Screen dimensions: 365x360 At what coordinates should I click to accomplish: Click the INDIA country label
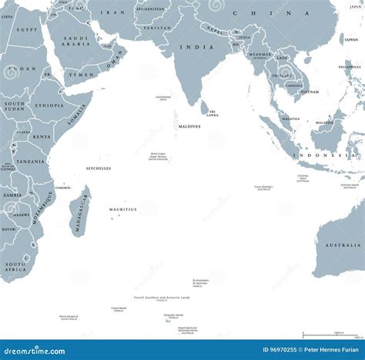186,47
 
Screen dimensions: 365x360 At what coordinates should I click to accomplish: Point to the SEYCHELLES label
99,168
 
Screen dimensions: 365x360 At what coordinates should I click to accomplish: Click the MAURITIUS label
123,208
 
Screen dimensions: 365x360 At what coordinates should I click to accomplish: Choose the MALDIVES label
189,126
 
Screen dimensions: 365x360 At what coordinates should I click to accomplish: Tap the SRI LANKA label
213,113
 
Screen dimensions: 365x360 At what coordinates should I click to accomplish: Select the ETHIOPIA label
49,105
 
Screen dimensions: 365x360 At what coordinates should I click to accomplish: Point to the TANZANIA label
31,162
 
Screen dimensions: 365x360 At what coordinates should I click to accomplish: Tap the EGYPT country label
27,29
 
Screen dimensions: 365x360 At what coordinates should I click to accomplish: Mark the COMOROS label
63,188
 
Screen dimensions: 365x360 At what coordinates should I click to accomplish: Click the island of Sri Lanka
205,108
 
